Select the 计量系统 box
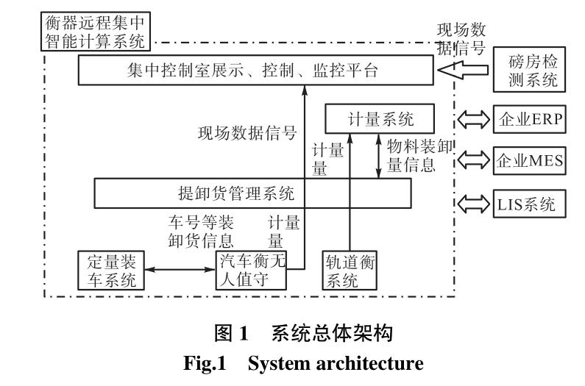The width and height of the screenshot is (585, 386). coord(375,118)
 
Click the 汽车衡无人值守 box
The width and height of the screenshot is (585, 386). coord(249,270)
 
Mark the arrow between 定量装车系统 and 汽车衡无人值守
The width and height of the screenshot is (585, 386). coord(180,271)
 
